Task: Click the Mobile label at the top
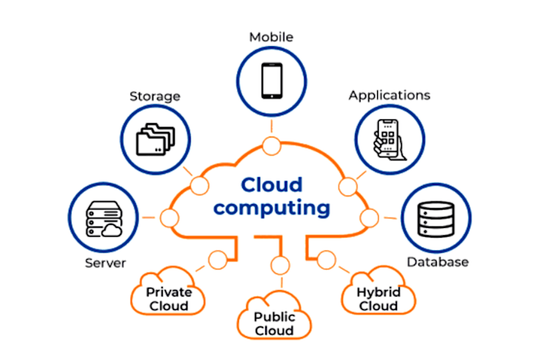click(271, 37)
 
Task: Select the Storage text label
click(155, 97)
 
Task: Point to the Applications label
click(389, 95)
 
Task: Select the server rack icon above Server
click(103, 218)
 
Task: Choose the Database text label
click(438, 261)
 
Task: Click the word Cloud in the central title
click(271, 184)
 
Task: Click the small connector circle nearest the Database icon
click(368, 217)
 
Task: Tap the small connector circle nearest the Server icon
click(168, 217)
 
